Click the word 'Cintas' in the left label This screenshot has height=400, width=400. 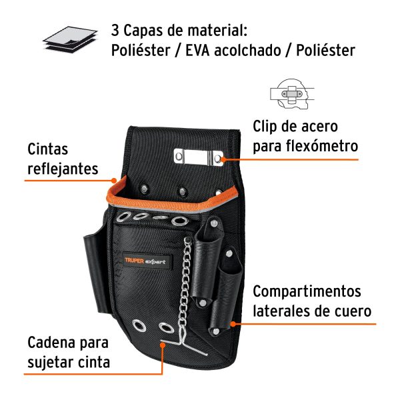(47, 149)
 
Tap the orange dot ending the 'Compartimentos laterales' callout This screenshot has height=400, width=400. (233, 324)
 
